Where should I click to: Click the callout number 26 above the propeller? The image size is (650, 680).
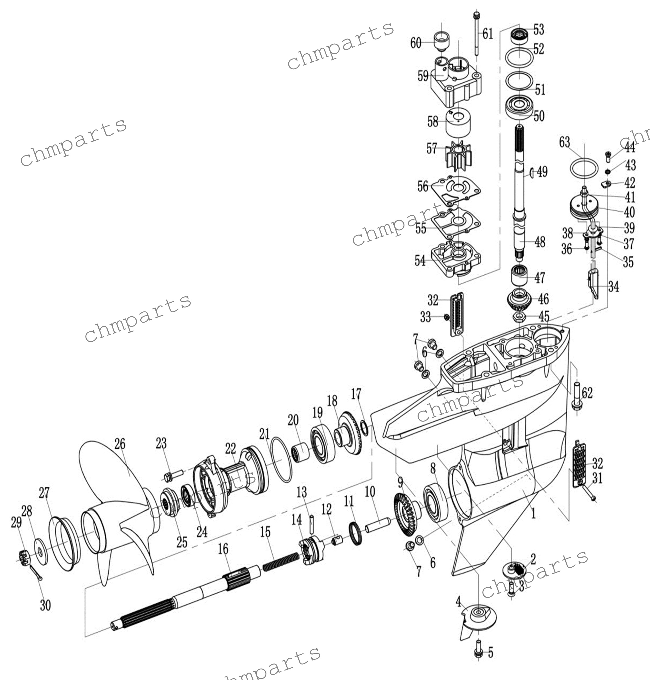point(120,444)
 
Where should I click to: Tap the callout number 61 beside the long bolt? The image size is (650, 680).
point(487,34)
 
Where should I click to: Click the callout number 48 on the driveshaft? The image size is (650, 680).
point(540,242)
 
